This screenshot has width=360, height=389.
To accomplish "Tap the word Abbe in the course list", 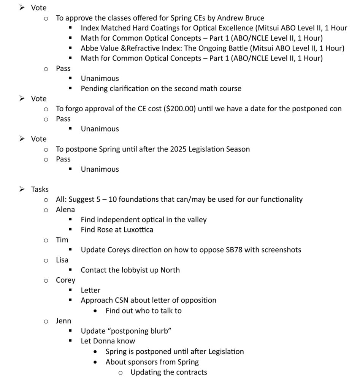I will point(89,48).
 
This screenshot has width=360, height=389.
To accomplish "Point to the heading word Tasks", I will point(40,189).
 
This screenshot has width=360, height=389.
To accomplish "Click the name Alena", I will point(65,209).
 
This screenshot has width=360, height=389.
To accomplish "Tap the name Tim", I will point(62,240).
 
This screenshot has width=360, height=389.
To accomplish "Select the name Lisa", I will point(62,260).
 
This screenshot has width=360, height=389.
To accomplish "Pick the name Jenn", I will point(63,321).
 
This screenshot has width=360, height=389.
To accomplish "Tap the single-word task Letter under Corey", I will point(90,290).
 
